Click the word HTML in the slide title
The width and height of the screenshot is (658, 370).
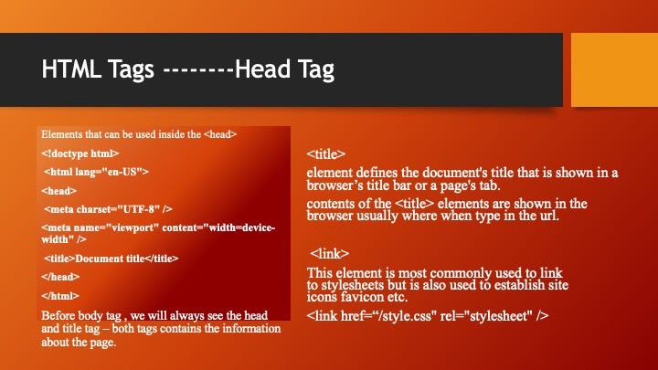click(71, 69)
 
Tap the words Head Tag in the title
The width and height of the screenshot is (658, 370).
click(284, 69)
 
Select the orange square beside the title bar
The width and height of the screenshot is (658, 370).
click(614, 69)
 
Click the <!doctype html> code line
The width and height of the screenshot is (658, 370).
click(80, 153)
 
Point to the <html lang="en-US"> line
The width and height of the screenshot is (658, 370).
click(96, 172)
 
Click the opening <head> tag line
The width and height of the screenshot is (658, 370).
click(59, 191)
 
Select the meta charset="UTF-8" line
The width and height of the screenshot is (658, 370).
click(108, 209)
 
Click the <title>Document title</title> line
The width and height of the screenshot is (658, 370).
click(111, 259)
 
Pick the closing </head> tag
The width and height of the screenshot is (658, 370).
click(60, 277)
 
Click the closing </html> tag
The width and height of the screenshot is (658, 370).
click(60, 296)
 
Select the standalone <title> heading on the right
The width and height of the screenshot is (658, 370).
click(326, 154)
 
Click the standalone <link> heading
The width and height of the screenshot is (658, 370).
click(329, 253)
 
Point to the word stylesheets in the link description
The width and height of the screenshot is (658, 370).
click(353, 285)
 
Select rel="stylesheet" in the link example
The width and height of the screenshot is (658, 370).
click(486, 315)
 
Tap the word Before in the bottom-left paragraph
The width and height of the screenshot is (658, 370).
click(58, 315)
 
